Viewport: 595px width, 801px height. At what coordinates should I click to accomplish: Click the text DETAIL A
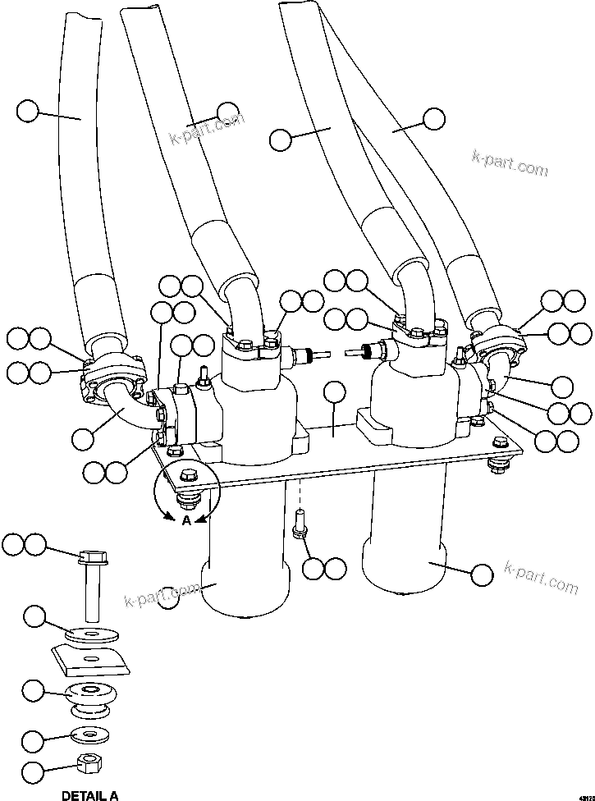(90, 794)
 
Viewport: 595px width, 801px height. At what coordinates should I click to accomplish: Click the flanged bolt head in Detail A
(90, 559)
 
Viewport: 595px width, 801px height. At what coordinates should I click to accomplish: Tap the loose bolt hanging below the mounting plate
(300, 525)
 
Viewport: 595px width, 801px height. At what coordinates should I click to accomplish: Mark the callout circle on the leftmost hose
(28, 111)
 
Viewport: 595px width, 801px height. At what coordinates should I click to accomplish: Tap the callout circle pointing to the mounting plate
(334, 392)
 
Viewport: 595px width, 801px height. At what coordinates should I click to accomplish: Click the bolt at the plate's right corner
(496, 465)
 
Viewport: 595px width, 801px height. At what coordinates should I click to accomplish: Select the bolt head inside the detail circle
(185, 476)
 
